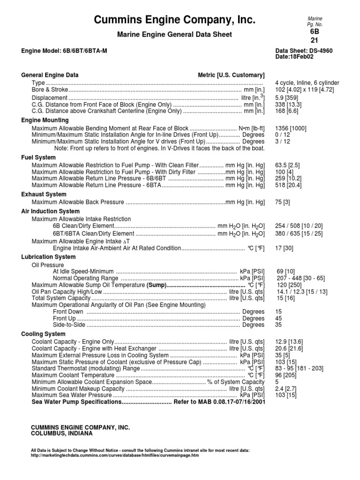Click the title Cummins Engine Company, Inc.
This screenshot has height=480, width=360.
click(175, 20)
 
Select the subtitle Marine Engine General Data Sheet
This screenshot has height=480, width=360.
click(175, 35)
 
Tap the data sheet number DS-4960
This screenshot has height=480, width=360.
click(318, 50)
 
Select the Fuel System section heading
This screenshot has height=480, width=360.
click(38, 157)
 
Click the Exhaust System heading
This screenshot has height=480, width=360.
click(44, 194)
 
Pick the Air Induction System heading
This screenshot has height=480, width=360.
click(50, 211)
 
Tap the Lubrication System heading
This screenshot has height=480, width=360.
click(48, 257)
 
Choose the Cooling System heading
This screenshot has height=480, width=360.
click(43, 334)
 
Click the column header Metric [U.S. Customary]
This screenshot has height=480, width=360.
click(231, 75)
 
